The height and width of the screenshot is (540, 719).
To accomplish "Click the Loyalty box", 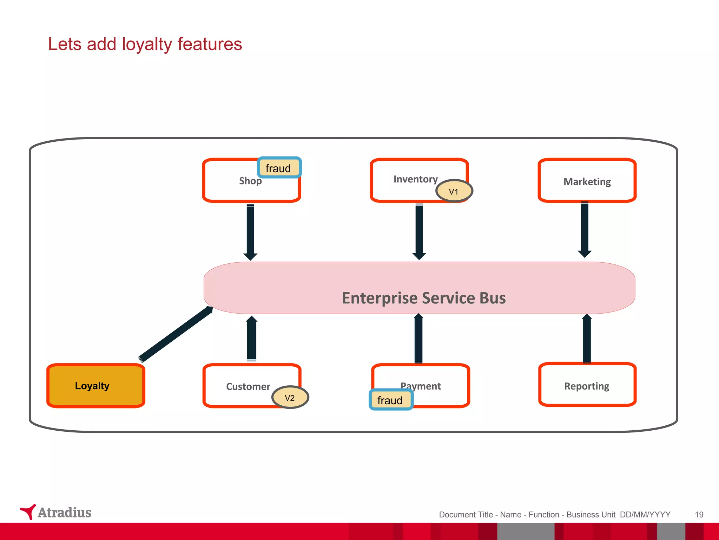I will click(x=95, y=386).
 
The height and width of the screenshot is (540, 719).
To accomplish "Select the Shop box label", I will click(x=250, y=181).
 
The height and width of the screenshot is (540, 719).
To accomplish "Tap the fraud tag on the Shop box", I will click(x=279, y=168).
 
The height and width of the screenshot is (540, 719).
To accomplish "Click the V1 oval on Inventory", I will click(x=454, y=191).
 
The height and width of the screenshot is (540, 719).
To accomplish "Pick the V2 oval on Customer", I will click(x=290, y=398).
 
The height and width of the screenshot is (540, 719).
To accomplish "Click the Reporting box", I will click(x=587, y=386).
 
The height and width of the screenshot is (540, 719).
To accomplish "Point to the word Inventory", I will click(x=415, y=179).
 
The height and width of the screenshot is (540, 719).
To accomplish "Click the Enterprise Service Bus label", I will click(x=423, y=298).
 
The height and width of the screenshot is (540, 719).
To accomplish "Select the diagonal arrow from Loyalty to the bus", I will click(x=176, y=334).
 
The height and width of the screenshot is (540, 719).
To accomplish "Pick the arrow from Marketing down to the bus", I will click(x=585, y=229).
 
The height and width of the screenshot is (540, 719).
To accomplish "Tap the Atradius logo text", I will click(x=65, y=513).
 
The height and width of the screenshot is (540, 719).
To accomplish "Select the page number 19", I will click(x=699, y=515).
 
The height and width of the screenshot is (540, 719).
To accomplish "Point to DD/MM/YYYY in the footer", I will click(x=645, y=515).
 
